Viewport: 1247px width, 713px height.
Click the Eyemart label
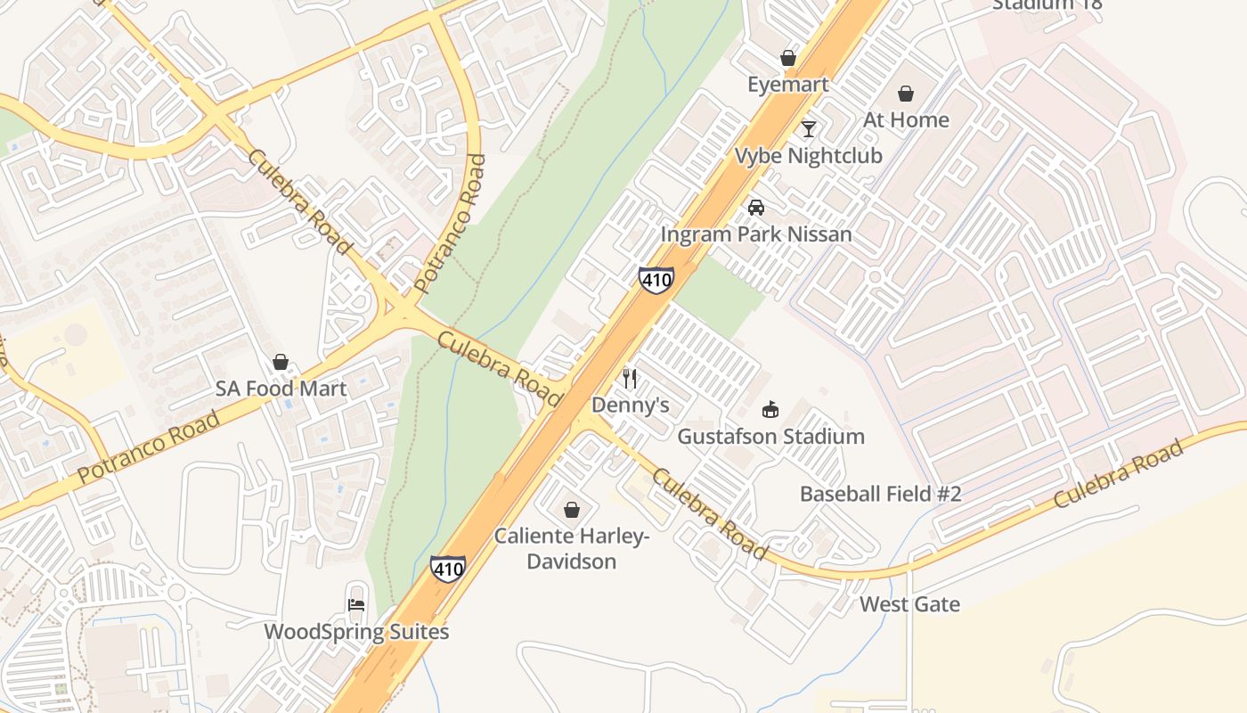[787, 85]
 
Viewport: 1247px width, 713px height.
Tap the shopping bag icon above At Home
[906, 94]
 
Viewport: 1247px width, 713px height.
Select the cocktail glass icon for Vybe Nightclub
[808, 129]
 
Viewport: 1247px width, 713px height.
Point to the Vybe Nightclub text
[808, 156]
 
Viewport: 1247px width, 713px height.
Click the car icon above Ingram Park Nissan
[756, 208]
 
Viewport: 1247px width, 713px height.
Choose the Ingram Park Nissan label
[756, 234]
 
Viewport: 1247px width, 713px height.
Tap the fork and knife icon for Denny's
[630, 379]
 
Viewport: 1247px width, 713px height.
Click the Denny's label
[630, 406]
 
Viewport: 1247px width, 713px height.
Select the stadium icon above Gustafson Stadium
[770, 410]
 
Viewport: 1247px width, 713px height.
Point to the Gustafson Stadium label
[770, 437]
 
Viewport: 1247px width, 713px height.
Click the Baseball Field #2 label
[880, 494]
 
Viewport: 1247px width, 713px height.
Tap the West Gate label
[909, 604]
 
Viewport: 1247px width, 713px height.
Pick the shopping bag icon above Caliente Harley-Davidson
[571, 510]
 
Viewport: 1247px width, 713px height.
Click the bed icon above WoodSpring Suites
[356, 605]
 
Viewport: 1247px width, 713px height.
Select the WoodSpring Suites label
[356, 632]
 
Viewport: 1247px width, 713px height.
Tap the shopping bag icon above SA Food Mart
[281, 362]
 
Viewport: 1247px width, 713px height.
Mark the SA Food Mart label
[281, 389]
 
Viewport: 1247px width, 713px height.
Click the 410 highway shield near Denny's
[656, 279]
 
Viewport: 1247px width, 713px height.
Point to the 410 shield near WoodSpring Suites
[447, 569]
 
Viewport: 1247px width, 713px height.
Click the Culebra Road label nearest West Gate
[1119, 474]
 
